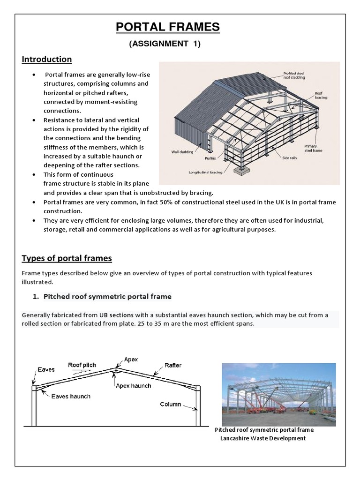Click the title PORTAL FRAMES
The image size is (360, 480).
pyautogui.click(x=167, y=28)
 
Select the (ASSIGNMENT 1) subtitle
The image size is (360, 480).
pyautogui.click(x=167, y=44)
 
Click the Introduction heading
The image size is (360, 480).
pyautogui.click(x=47, y=59)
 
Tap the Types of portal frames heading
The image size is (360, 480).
pyautogui.click(x=67, y=259)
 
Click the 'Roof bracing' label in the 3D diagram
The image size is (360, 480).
pyautogui.click(x=318, y=96)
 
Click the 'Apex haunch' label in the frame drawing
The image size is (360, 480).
pyautogui.click(x=134, y=386)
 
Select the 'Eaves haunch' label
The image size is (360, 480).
pyautogui.click(x=71, y=396)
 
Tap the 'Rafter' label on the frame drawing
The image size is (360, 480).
pyautogui.click(x=173, y=366)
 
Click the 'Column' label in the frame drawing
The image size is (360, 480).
pyautogui.click(x=171, y=404)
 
